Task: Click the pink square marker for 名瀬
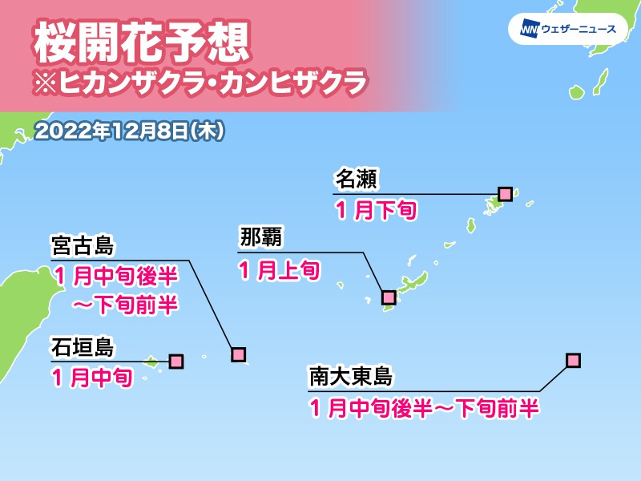tap(505, 193)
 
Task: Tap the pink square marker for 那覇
tap(389, 297)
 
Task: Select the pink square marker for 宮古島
tap(238, 354)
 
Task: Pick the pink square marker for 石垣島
tap(176, 362)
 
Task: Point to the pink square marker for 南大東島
tap(572, 360)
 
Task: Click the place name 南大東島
tap(351, 378)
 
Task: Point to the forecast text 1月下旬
tap(374, 211)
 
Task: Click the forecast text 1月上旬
tap(280, 270)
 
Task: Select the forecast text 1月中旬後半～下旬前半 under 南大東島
tap(421, 409)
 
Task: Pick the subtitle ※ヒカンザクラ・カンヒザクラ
tap(200, 83)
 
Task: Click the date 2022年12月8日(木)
tap(129, 131)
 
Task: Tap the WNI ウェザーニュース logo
tap(567, 30)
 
